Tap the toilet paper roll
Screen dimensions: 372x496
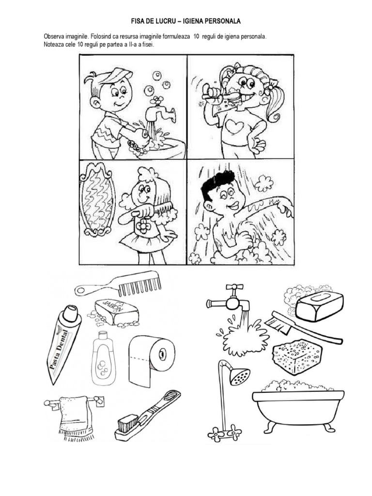pyautogui.click(x=152, y=360)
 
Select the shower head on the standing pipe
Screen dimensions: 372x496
pyautogui.click(x=240, y=376)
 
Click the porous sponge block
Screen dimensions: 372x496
pyautogui.click(x=297, y=356)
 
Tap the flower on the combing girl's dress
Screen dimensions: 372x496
pyautogui.click(x=143, y=226)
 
